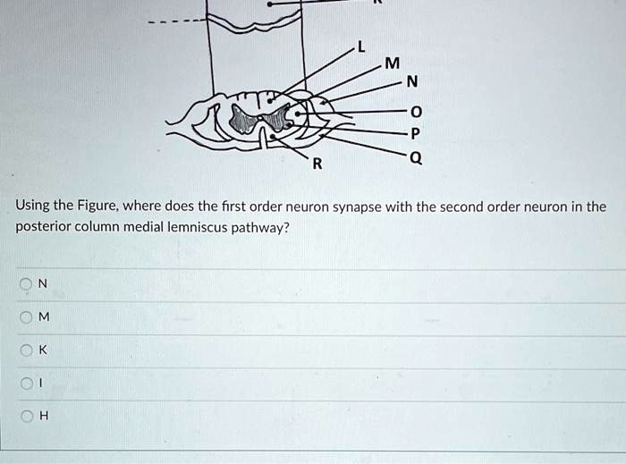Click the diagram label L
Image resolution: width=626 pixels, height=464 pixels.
click(361, 49)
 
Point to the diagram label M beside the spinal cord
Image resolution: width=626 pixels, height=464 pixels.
click(390, 63)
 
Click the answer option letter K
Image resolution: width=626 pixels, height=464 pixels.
click(44, 351)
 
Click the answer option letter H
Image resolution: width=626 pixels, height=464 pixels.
click(44, 417)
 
